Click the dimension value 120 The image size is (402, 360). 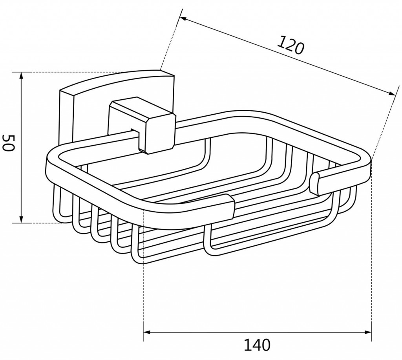pos(291,45)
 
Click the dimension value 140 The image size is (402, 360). pos(257,345)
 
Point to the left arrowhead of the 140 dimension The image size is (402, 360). pos(148,332)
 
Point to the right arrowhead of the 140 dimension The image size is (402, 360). pos(367,332)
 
